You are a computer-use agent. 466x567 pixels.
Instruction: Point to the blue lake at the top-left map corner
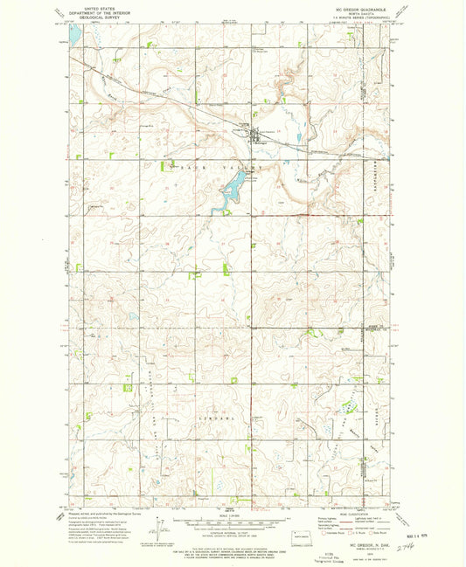click(74, 36)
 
